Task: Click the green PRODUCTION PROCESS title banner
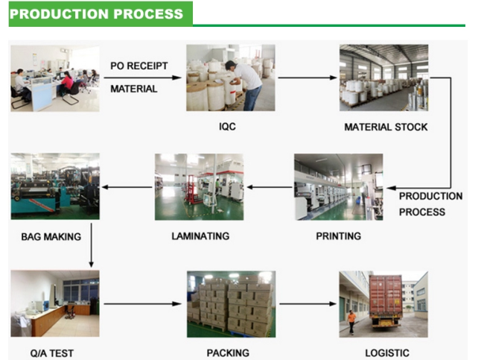click(101, 14)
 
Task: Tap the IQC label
click(227, 127)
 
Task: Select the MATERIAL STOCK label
click(386, 127)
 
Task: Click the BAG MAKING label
click(51, 237)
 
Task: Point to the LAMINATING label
click(200, 236)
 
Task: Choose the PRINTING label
click(338, 236)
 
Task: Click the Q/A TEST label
click(52, 353)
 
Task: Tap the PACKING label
click(228, 353)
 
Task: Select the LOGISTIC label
click(387, 353)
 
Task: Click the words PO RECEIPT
click(139, 66)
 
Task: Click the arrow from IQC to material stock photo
click(308, 78)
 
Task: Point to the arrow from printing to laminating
click(270, 187)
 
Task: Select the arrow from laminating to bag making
click(127, 187)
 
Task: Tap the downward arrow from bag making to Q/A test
click(91, 245)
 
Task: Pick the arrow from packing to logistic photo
click(308, 304)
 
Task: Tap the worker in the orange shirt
click(351, 321)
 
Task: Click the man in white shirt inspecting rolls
click(244, 85)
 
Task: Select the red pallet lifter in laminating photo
click(192, 189)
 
